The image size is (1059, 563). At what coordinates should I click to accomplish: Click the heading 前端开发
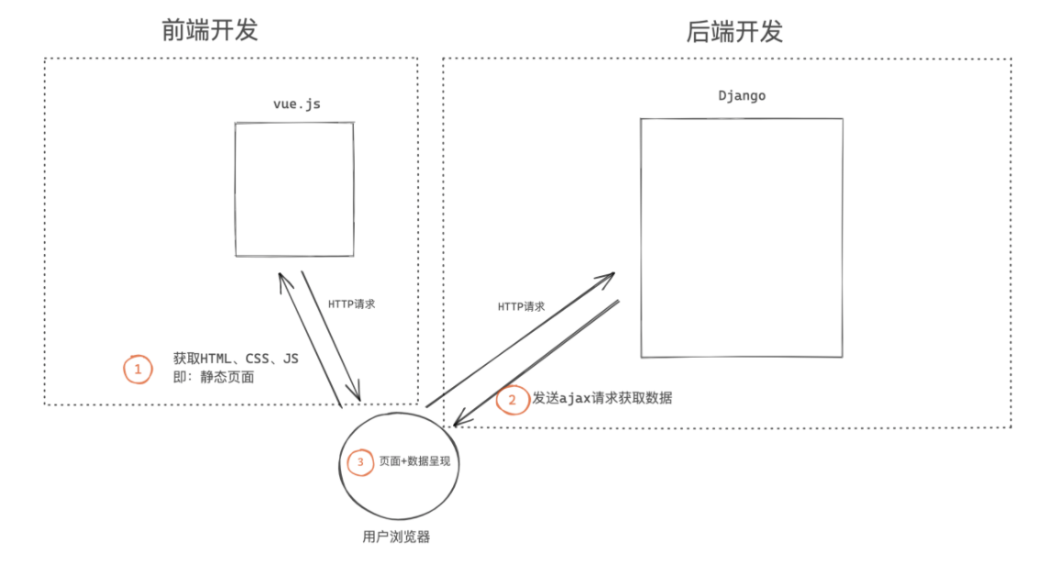210,30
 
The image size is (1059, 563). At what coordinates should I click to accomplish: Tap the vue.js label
296,104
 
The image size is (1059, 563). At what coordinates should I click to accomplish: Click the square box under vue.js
293,189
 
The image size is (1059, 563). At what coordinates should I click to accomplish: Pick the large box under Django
741,237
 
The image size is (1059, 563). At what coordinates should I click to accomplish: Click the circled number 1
138,370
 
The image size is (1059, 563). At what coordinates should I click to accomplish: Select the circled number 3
360,463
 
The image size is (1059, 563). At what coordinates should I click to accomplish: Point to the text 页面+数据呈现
414,462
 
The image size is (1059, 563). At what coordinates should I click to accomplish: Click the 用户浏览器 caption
396,535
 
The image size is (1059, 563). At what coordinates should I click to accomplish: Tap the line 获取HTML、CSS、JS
237,359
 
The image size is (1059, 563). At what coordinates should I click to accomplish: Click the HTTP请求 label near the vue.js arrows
351,304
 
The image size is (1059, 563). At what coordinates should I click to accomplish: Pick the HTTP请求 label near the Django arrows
521,306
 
